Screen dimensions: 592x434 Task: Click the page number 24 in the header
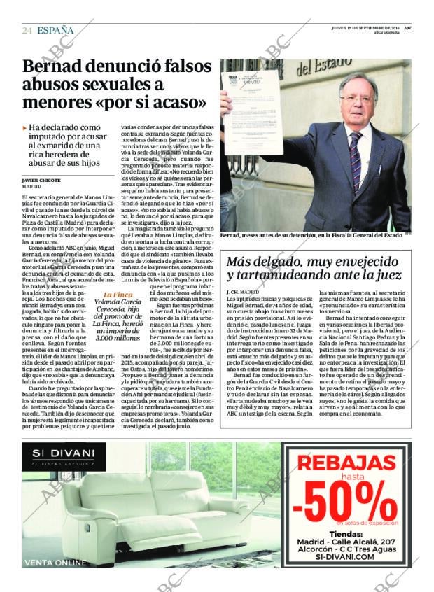click(x=27, y=30)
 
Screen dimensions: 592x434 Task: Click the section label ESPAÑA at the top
click(x=55, y=29)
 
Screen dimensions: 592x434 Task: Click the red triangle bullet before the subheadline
click(x=25, y=128)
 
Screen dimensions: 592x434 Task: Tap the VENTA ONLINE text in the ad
click(x=55, y=563)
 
